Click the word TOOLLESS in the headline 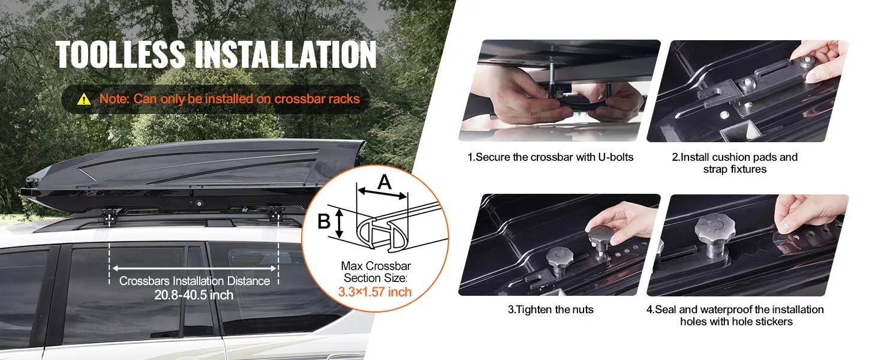[x=121, y=55]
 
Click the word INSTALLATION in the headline [x=285, y=55]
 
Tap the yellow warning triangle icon [x=84, y=99]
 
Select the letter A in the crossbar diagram [x=384, y=182]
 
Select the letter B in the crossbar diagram [x=324, y=221]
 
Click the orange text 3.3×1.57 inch [x=375, y=292]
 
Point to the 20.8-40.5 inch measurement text [x=194, y=295]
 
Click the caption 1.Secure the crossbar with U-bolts [x=551, y=157]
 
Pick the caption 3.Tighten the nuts [x=551, y=310]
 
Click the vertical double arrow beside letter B [x=339, y=223]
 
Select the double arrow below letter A [x=382, y=193]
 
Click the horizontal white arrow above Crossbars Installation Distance [x=194, y=269]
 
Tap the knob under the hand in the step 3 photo [x=600, y=239]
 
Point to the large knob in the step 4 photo [x=715, y=234]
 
